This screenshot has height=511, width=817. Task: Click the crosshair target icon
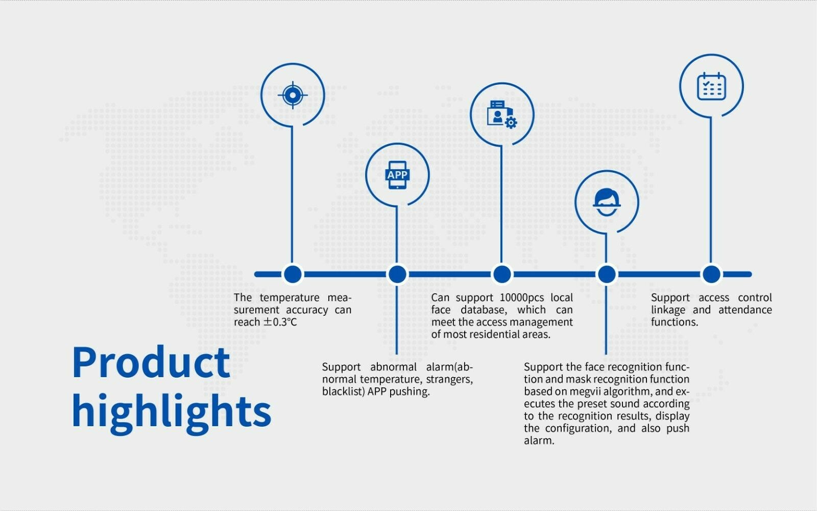click(293, 95)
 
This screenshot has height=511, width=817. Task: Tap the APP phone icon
click(397, 175)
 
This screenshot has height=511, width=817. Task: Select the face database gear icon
click(502, 114)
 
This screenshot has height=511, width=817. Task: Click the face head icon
click(607, 202)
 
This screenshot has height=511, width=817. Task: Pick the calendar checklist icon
click(711, 86)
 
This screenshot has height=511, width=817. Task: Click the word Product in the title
click(151, 362)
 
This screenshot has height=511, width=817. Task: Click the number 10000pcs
click(521, 297)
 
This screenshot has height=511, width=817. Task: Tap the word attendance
click(745, 310)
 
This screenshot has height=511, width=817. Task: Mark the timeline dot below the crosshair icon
click(293, 274)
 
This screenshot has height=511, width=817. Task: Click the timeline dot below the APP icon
click(397, 274)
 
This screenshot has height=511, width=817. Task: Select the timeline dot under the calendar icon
click(711, 274)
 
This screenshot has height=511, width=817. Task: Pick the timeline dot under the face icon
click(607, 274)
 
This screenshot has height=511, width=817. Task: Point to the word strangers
click(449, 379)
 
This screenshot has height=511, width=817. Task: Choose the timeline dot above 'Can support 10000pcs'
click(502, 274)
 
